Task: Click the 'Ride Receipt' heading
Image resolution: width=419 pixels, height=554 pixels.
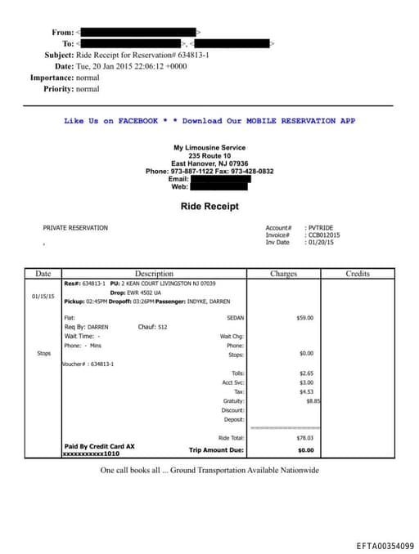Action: click(209, 207)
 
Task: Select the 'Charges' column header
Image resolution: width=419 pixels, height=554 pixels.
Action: click(283, 274)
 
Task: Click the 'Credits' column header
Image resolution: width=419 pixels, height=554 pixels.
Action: click(358, 274)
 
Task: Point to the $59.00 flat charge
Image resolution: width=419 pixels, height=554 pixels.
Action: click(304, 318)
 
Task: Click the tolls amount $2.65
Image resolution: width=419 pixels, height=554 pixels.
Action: click(306, 373)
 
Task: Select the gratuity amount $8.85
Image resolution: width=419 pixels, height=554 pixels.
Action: click(313, 401)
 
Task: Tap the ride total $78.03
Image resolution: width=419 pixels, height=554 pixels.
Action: click(304, 438)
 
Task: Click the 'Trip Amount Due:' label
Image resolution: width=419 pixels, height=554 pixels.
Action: click(217, 450)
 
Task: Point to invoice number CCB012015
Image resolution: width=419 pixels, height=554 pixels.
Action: click(322, 235)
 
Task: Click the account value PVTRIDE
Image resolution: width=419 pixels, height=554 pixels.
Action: click(320, 228)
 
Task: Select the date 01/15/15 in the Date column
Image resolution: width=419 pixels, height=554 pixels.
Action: click(43, 297)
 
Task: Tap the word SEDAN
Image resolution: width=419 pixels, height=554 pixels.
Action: click(235, 318)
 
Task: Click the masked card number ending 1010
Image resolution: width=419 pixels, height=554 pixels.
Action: click(86, 453)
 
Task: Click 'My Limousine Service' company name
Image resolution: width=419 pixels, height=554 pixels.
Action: click(209, 148)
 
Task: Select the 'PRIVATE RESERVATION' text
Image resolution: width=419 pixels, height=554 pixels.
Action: click(75, 228)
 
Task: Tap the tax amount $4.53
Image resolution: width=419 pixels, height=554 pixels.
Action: click(306, 392)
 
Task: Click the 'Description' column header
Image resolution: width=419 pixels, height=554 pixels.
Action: click(154, 274)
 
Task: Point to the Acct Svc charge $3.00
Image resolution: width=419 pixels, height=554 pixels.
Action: click(306, 382)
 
